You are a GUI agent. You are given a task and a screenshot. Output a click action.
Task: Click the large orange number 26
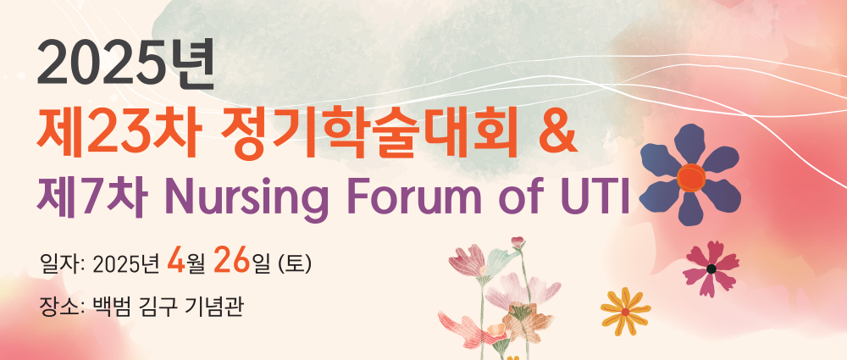[232, 261]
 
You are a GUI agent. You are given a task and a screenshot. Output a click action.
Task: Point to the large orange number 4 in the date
[176, 261]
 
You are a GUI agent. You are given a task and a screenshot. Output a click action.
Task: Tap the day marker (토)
[295, 264]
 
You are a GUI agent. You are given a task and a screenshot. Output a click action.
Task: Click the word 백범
[112, 307]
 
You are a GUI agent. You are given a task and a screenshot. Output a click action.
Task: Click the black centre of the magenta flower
[711, 269]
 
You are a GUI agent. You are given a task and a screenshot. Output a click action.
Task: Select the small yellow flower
[626, 312]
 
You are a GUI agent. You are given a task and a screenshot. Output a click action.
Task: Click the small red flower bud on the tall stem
[518, 242]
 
